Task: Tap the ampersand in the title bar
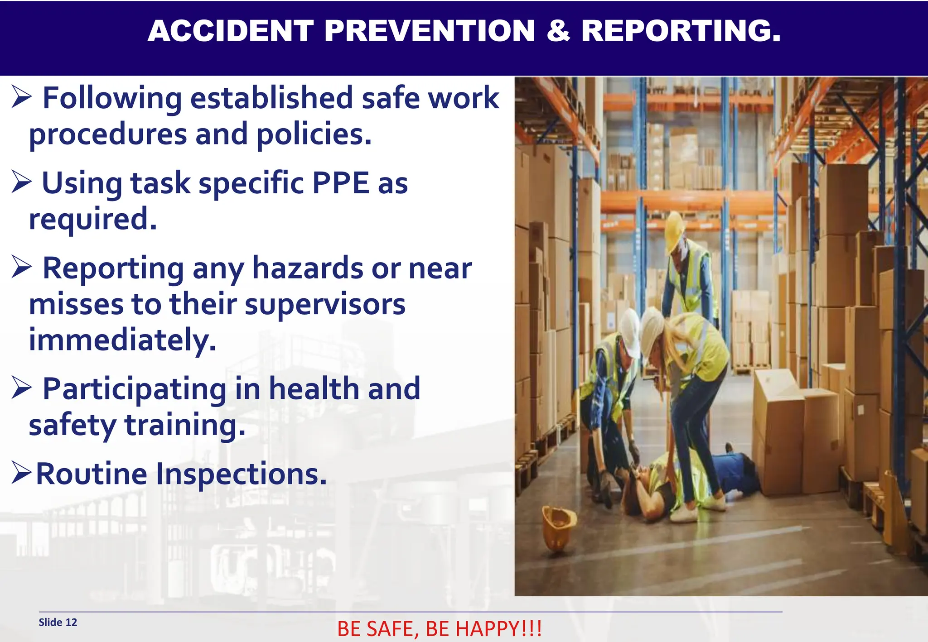click(x=558, y=31)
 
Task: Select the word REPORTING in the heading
click(x=681, y=31)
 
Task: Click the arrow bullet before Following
click(x=22, y=97)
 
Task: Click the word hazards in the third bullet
click(x=308, y=268)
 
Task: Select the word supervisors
click(x=325, y=305)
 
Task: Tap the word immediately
click(x=122, y=340)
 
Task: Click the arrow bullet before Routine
click(x=21, y=473)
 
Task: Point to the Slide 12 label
click(x=58, y=622)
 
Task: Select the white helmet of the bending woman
click(x=651, y=331)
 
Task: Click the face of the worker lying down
click(x=643, y=476)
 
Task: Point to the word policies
click(x=314, y=134)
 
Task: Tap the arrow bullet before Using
click(x=22, y=182)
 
